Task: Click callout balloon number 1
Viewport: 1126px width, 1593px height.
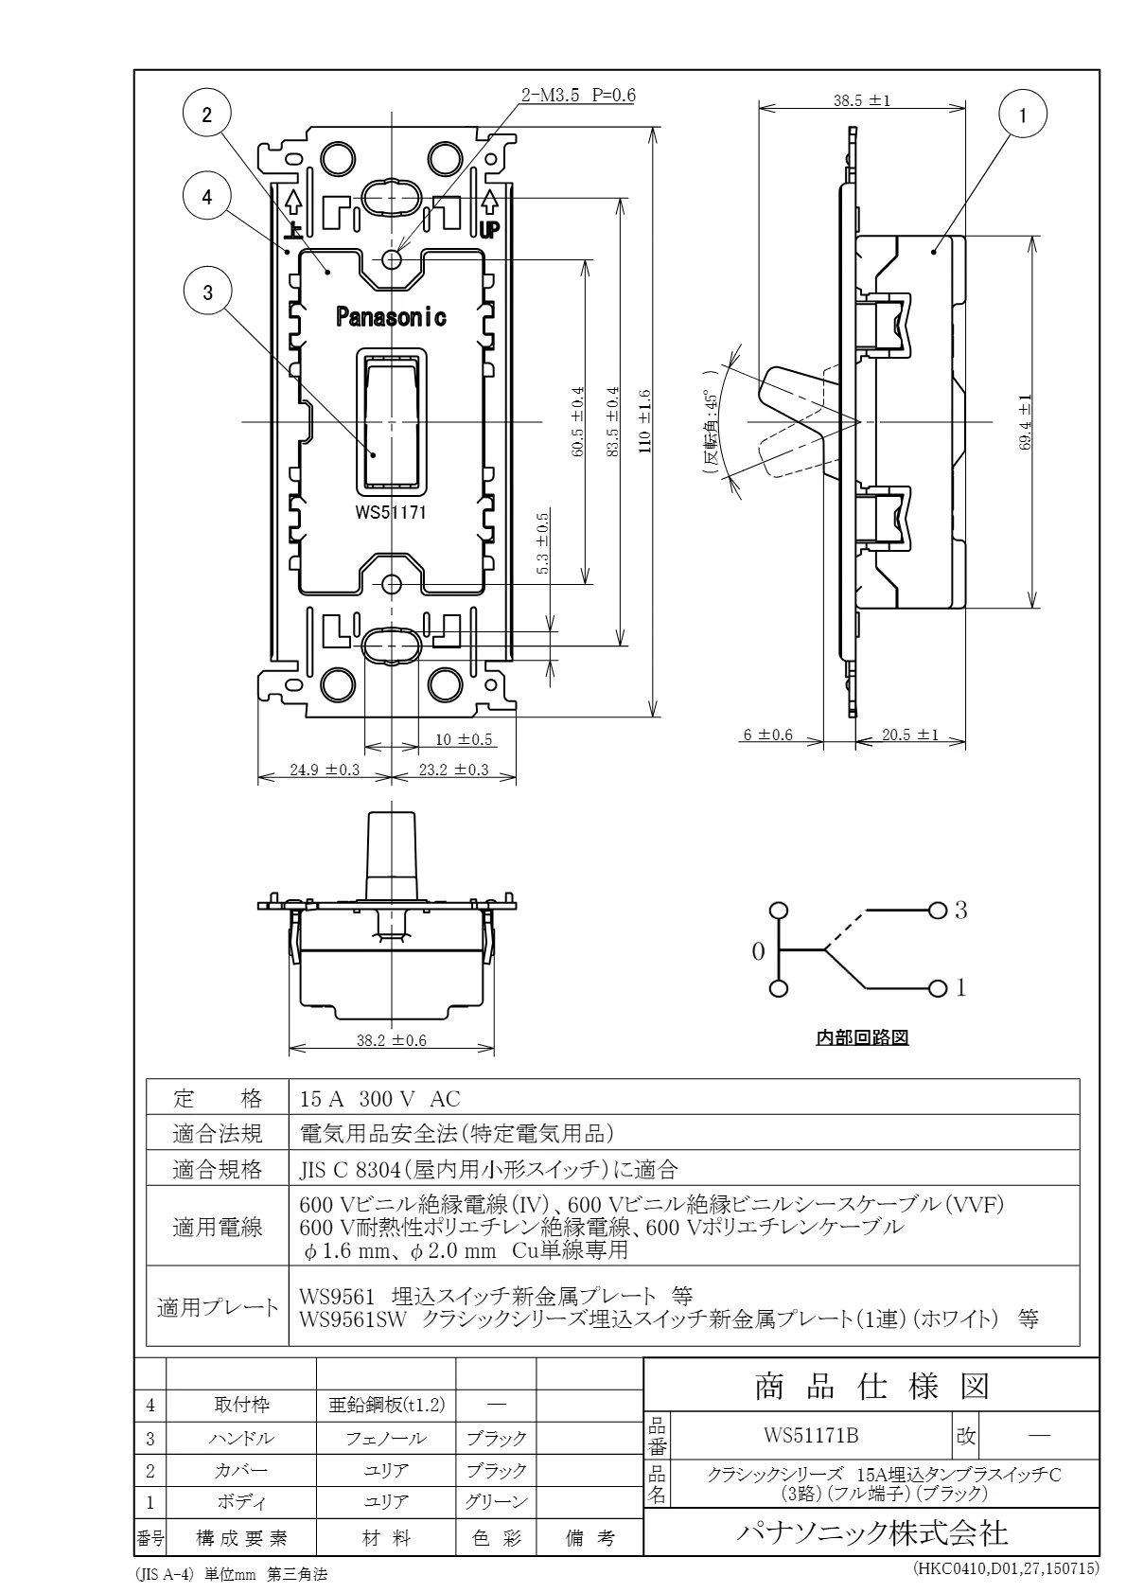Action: tap(1022, 115)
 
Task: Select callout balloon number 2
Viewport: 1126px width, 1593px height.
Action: tap(207, 115)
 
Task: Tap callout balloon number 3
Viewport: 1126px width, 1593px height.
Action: tap(207, 292)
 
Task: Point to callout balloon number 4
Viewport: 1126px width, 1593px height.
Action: tap(207, 197)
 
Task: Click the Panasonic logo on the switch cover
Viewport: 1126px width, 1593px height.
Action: tap(391, 317)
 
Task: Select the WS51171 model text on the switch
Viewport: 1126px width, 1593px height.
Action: tap(391, 512)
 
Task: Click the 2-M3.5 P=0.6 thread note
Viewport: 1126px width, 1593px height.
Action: tap(578, 96)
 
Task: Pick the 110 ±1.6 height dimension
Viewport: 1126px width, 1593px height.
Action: tap(644, 422)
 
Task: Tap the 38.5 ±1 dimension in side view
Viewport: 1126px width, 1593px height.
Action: tap(862, 100)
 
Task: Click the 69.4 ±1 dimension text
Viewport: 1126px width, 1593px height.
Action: tap(1025, 422)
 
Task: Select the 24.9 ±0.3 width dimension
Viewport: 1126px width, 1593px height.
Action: tap(325, 770)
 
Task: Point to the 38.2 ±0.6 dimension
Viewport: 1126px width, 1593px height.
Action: tap(392, 1041)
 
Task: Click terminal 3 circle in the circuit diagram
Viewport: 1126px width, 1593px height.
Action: tap(939, 911)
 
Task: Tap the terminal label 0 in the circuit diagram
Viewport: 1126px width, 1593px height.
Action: tap(759, 951)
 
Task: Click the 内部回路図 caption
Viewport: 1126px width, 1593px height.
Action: tap(862, 1037)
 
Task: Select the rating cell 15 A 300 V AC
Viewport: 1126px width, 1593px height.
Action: tap(379, 1100)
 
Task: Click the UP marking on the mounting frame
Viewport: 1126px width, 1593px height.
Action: tap(489, 229)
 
